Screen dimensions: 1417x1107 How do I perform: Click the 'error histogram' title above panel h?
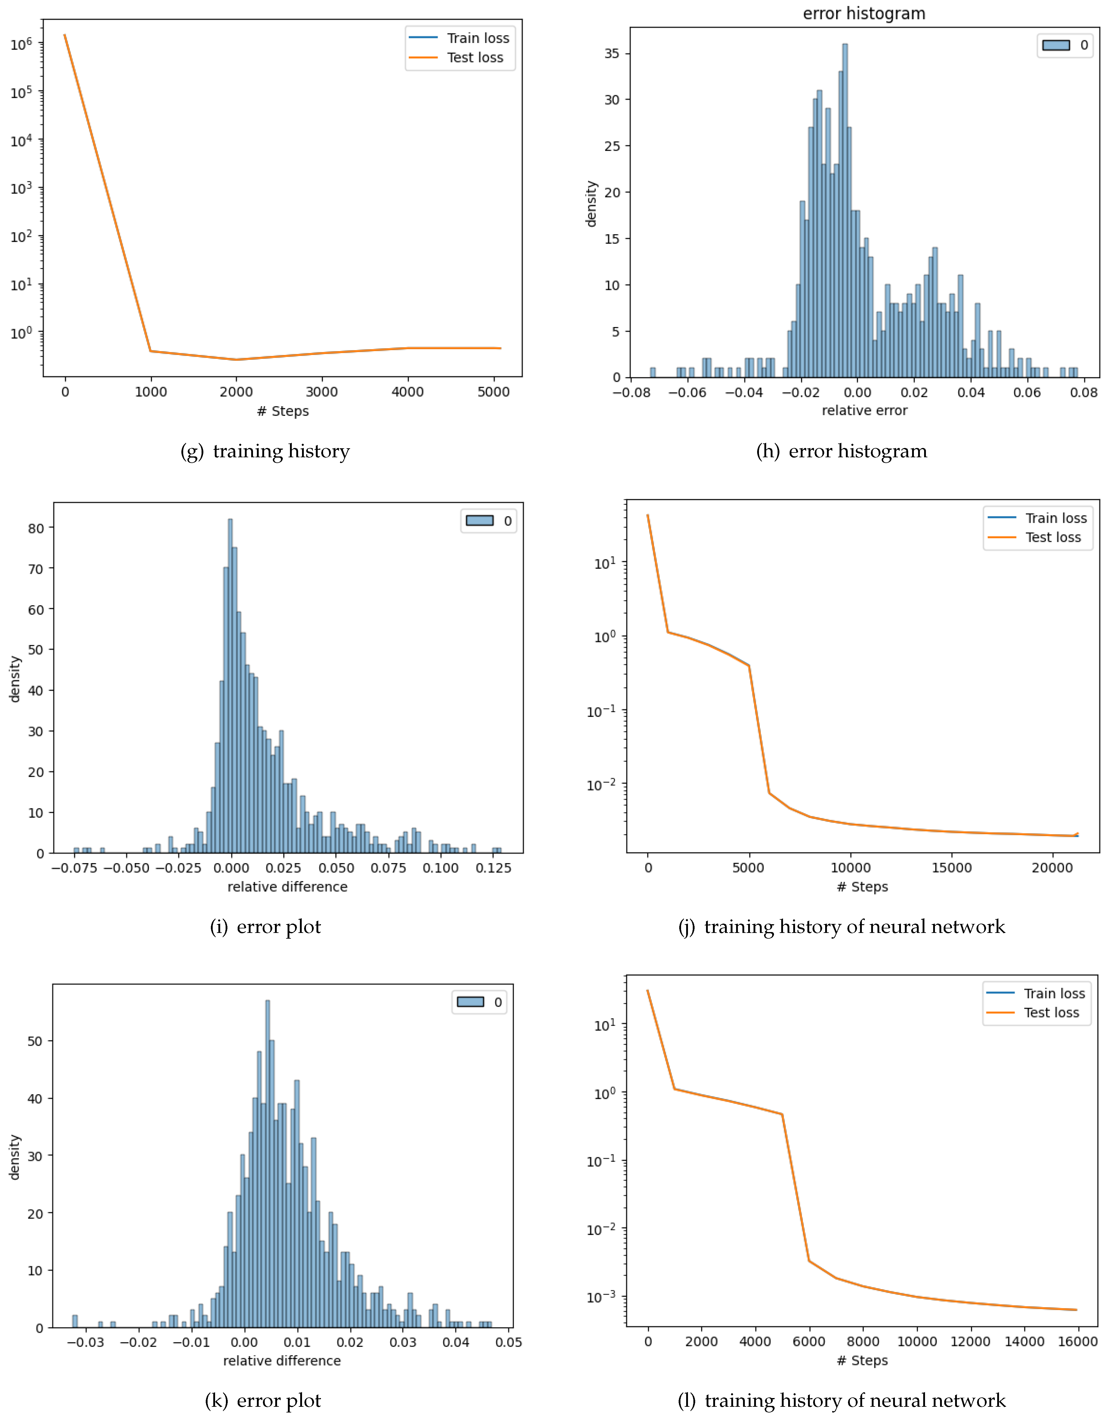864,14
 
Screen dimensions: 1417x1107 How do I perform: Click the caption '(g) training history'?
265,451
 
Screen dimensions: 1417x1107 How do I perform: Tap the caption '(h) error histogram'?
842,451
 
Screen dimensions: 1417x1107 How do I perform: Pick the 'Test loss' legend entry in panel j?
1053,537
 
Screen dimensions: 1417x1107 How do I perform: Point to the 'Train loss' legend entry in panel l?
1054,993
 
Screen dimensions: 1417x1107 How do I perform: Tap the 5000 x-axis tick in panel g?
493,392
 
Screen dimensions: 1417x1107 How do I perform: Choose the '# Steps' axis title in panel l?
862,1360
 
